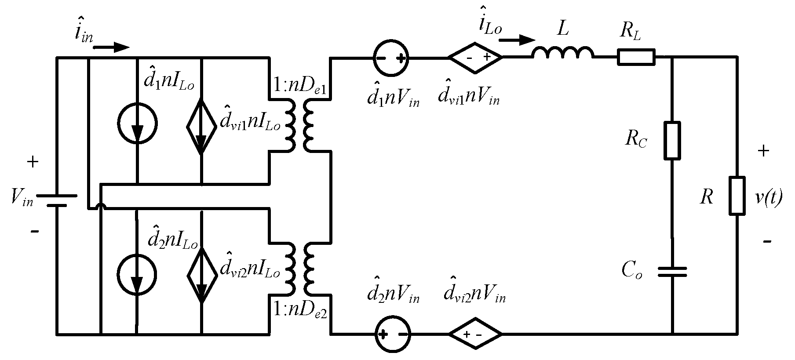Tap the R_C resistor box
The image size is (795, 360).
point(672,140)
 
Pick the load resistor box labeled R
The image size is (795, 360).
point(737,196)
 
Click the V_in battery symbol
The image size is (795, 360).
point(57,200)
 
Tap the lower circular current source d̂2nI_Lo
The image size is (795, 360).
point(137,273)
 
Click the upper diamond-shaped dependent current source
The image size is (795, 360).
point(201,126)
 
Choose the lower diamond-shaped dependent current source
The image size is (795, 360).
point(201,275)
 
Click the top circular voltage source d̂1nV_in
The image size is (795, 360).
point(391,57)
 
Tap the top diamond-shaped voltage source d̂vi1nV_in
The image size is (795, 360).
point(475,57)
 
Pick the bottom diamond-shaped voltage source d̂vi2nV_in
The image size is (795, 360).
point(475,334)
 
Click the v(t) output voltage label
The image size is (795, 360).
point(768,198)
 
